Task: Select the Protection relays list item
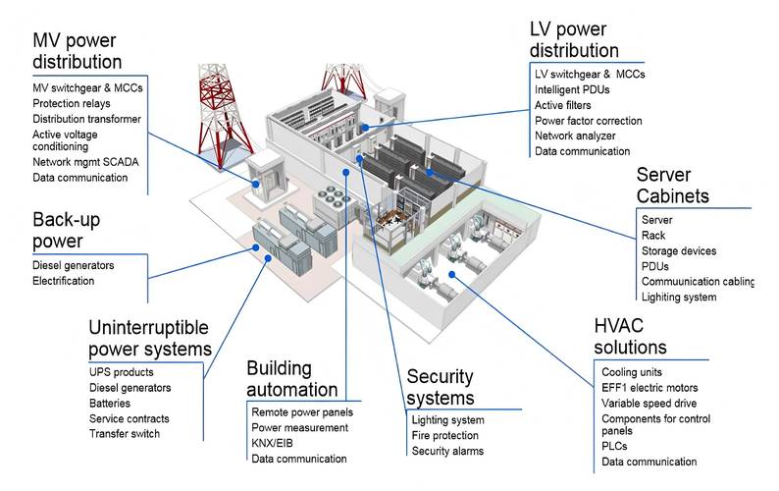(71, 103)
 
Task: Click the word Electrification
(64, 281)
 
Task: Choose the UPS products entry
(122, 372)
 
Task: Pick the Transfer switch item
(124, 433)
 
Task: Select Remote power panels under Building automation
(299, 411)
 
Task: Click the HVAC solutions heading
(630, 337)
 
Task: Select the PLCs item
(615, 446)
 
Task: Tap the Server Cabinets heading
(672, 185)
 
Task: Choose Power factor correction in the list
(589, 121)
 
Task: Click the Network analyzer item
(575, 136)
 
